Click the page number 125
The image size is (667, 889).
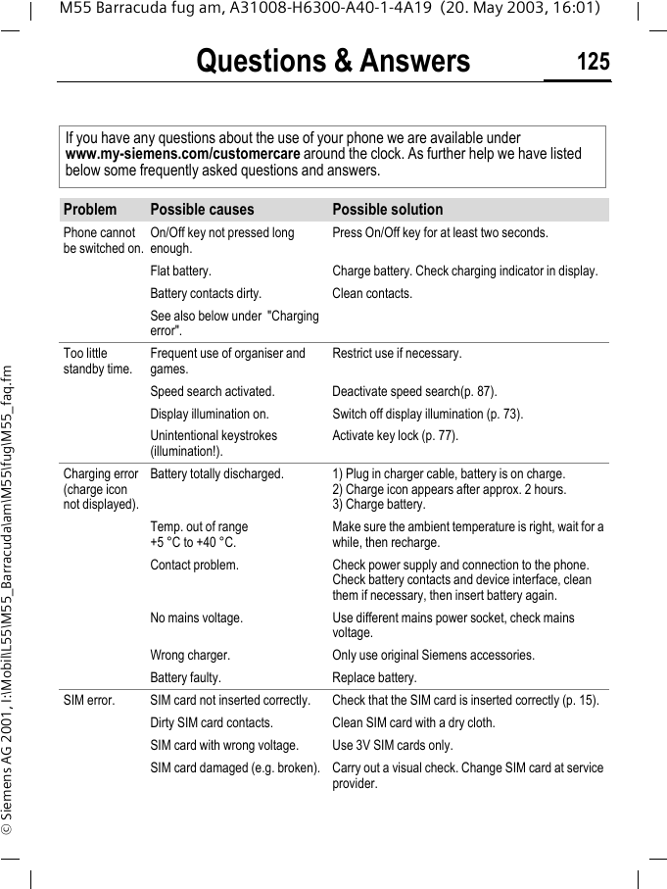(593, 63)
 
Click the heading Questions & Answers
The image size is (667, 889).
(333, 62)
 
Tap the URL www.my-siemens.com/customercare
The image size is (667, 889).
(182, 154)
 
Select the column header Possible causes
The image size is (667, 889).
(202, 210)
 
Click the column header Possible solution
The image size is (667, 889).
(387, 210)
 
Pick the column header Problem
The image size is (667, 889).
(89, 210)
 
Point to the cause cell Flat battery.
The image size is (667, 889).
(180, 271)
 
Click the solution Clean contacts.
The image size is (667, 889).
(372, 293)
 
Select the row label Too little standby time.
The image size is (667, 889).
(97, 361)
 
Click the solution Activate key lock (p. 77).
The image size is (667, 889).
(395, 436)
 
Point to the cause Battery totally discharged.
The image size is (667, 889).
(216, 474)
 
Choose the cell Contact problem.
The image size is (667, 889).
(194, 566)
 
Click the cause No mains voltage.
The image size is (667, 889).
(196, 618)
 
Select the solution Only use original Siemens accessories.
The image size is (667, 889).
(433, 656)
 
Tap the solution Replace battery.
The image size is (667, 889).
(374, 678)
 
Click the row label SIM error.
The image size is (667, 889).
(88, 701)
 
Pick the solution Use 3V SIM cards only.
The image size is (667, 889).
(393, 746)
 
